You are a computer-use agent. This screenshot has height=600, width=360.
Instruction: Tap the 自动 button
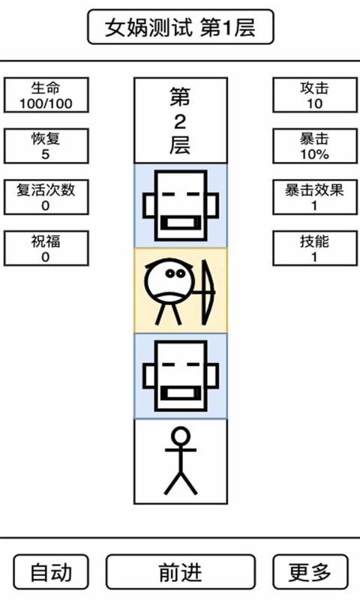pyautogui.click(x=51, y=572)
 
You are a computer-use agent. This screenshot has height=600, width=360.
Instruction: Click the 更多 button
pyautogui.click(x=310, y=572)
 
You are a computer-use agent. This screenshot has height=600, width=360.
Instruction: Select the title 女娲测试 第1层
pyautogui.click(x=180, y=28)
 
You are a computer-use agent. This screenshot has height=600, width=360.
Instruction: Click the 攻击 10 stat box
pyautogui.click(x=314, y=95)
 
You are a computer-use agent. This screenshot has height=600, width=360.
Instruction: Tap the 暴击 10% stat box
pyautogui.click(x=314, y=146)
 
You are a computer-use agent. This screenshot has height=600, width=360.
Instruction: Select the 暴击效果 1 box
pyautogui.click(x=314, y=197)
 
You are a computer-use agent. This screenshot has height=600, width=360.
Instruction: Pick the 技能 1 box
pyautogui.click(x=314, y=248)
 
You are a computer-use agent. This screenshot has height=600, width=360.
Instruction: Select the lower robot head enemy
pyautogui.click(x=180, y=375)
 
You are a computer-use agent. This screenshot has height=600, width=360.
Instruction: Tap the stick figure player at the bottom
pyautogui.click(x=180, y=460)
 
